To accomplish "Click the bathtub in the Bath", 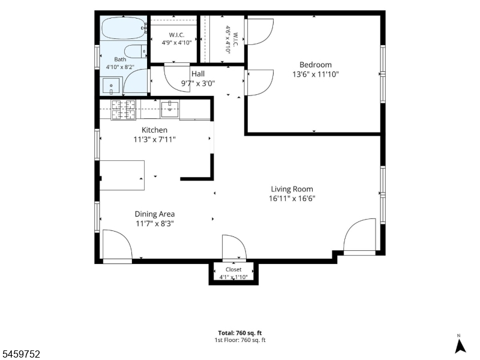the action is (124, 28).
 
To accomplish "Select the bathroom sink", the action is (111, 86).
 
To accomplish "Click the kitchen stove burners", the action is (124, 110).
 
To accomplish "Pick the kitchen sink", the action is (170, 109).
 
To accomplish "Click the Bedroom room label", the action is (316, 65).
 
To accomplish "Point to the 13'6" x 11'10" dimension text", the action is (316, 74).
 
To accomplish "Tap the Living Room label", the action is (292, 189).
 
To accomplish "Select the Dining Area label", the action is (155, 214).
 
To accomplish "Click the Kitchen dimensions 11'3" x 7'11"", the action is (155, 140).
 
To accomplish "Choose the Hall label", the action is (198, 74).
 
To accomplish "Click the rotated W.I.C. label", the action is (235, 40).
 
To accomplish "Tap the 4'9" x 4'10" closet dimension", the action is (176, 43).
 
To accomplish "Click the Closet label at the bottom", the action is (233, 269).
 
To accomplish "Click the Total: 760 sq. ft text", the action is (239, 333).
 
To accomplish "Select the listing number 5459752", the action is (20, 354).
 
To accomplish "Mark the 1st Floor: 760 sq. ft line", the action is (239, 340).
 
